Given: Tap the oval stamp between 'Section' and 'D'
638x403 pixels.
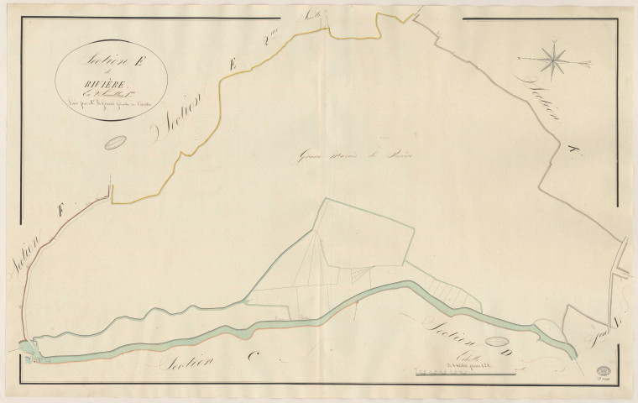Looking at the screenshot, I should [x=499, y=343].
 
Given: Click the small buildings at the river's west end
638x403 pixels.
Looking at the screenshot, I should [x=30, y=353].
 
